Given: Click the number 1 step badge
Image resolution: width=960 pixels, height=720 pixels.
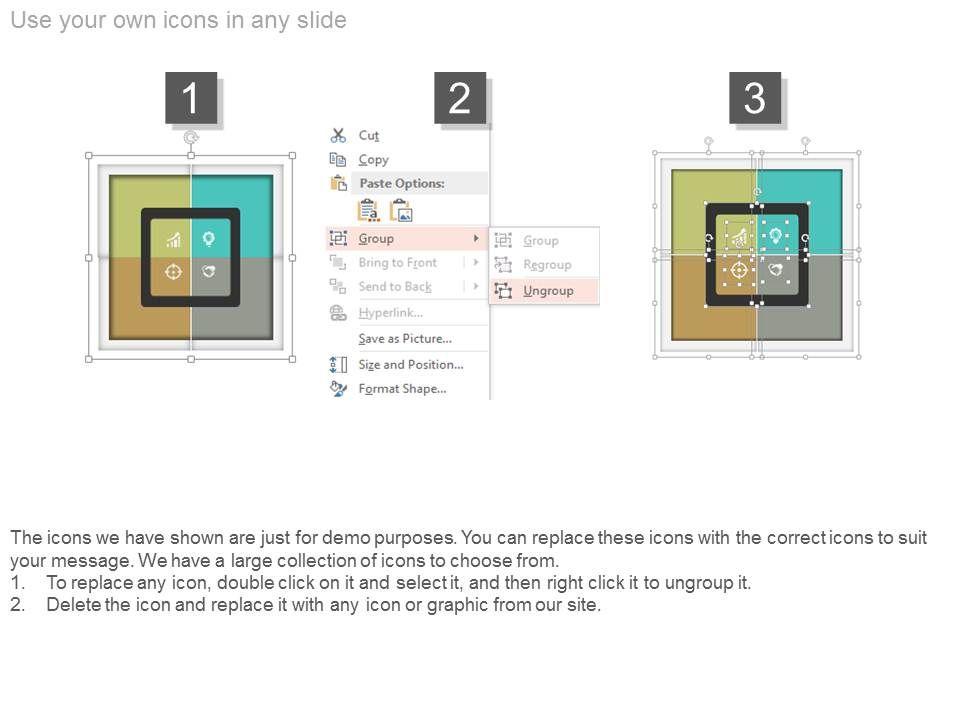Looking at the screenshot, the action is [x=191, y=98].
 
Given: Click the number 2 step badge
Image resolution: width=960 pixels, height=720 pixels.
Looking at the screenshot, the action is [x=460, y=98].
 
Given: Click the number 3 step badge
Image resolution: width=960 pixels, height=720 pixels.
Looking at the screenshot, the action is [x=755, y=98].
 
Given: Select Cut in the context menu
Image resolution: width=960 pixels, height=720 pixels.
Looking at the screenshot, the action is [x=369, y=135].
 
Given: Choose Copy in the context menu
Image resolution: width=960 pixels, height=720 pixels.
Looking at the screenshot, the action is [x=373, y=160].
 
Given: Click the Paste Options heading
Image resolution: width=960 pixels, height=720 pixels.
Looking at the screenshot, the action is [x=402, y=183].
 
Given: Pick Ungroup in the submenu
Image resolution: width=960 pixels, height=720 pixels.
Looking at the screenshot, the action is [x=548, y=291].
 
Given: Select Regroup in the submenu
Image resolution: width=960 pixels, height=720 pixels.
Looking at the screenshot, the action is [x=547, y=264].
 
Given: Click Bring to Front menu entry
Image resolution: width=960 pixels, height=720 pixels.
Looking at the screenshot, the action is [x=398, y=263].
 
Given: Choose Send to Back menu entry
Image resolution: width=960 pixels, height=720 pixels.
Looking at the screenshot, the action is [x=395, y=287].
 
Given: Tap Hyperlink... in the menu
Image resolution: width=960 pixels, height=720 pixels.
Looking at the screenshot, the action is [x=391, y=313].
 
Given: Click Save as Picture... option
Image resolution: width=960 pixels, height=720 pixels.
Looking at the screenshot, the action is [x=405, y=339].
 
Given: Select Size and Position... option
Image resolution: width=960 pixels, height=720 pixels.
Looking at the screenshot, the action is [x=411, y=365].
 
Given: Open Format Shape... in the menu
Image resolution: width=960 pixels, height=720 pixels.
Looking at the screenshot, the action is [x=402, y=389].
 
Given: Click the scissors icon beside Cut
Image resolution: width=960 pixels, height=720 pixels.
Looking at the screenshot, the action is [x=338, y=135].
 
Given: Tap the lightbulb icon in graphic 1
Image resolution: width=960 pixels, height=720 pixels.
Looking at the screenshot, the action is [x=209, y=238].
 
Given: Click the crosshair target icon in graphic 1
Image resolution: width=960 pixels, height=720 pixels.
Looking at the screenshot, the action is [x=173, y=271].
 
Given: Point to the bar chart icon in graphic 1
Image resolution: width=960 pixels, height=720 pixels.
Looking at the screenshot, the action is [x=174, y=240].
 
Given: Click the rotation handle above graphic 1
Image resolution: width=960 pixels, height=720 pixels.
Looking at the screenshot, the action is [x=191, y=138].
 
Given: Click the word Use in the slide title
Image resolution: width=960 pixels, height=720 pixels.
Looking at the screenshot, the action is [x=31, y=20].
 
